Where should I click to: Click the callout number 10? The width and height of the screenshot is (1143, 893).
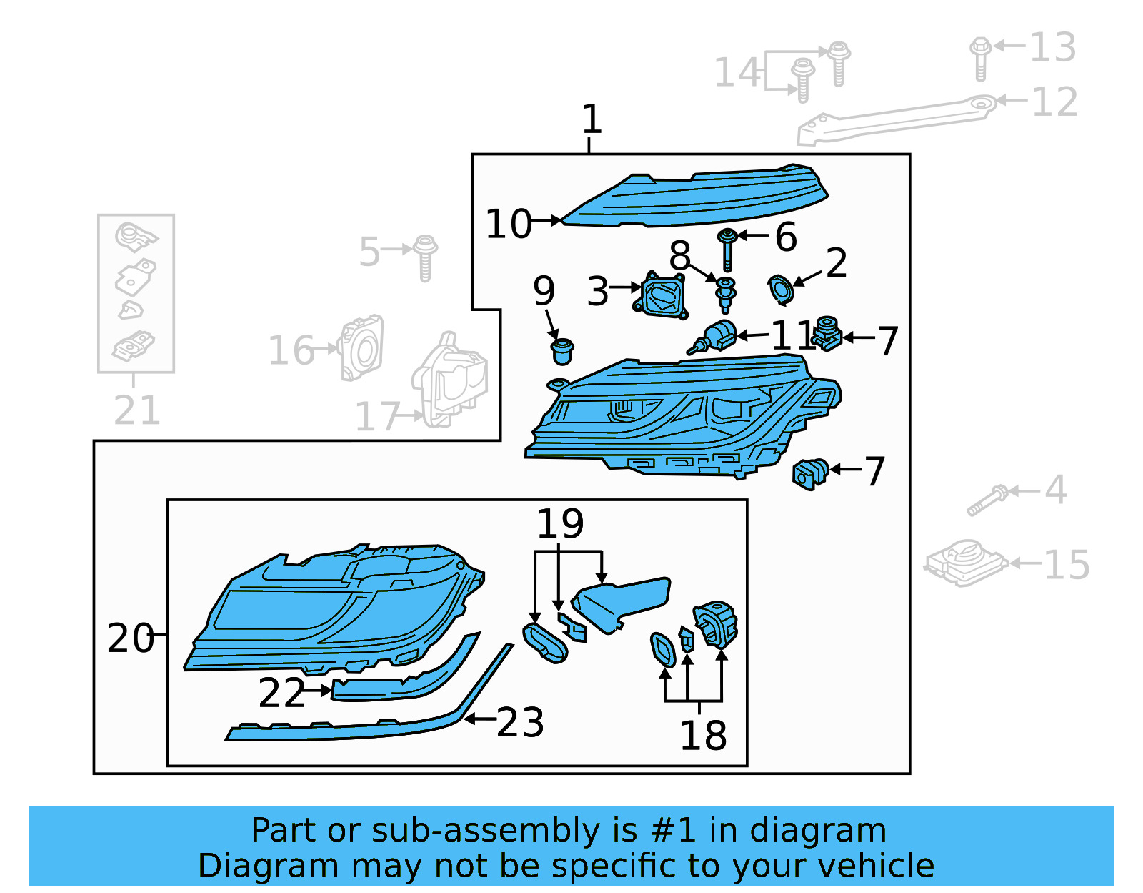(x=509, y=224)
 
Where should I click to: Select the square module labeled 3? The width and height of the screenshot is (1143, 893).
(x=662, y=295)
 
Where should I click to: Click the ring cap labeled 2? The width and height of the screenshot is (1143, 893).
(x=780, y=289)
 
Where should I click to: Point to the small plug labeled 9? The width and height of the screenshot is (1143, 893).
(x=562, y=351)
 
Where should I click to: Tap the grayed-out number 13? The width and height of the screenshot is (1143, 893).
(x=1052, y=47)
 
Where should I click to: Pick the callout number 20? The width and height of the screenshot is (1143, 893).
(x=130, y=638)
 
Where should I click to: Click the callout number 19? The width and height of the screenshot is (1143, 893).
(x=560, y=523)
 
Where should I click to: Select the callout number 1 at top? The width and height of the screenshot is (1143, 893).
(x=592, y=119)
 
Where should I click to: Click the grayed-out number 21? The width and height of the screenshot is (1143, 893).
(x=137, y=410)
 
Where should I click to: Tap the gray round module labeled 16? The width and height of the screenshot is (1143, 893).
(x=363, y=347)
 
